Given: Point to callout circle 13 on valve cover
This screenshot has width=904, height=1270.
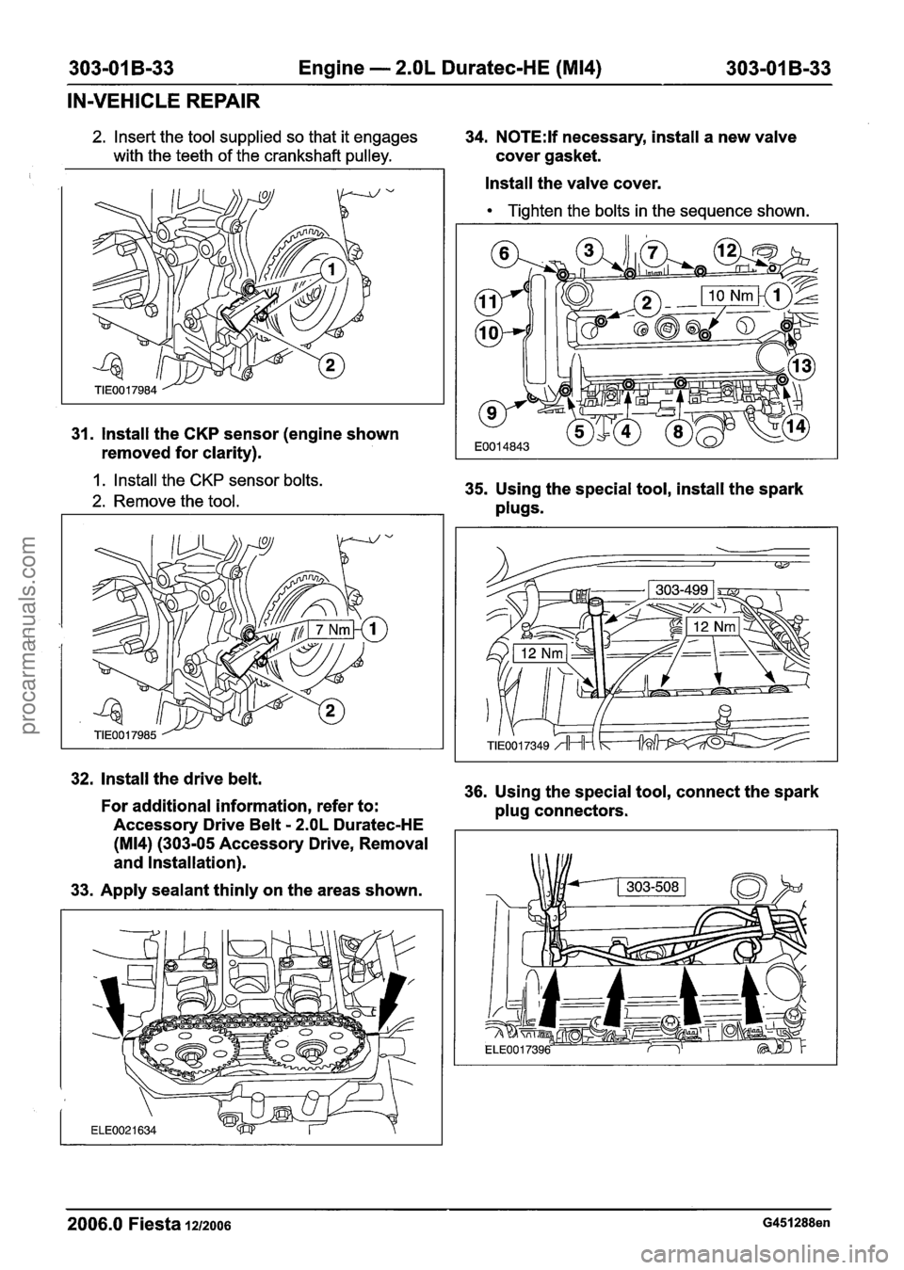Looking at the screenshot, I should (x=805, y=365).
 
